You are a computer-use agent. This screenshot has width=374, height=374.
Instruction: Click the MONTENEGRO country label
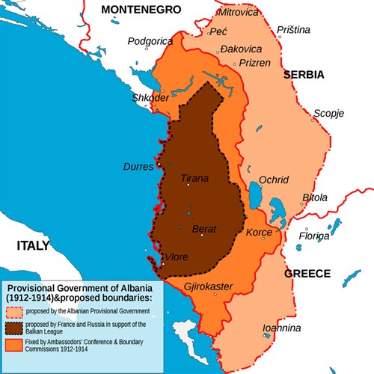(141, 9)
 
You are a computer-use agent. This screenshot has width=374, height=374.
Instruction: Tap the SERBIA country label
(303, 75)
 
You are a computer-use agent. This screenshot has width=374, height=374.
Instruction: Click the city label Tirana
(195, 179)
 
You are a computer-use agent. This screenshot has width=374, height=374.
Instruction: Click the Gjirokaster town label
(207, 286)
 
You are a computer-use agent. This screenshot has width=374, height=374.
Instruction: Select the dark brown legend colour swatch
(14, 328)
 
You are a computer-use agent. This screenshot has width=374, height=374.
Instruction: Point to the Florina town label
(314, 236)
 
